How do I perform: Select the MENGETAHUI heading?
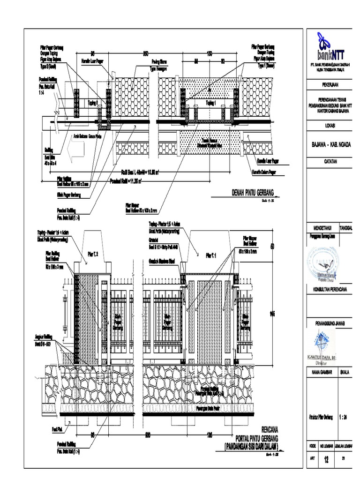click(x=322, y=224)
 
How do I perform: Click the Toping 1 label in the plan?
click(x=211, y=102)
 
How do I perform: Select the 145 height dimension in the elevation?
click(x=271, y=314)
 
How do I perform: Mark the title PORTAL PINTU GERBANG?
click(x=249, y=437)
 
